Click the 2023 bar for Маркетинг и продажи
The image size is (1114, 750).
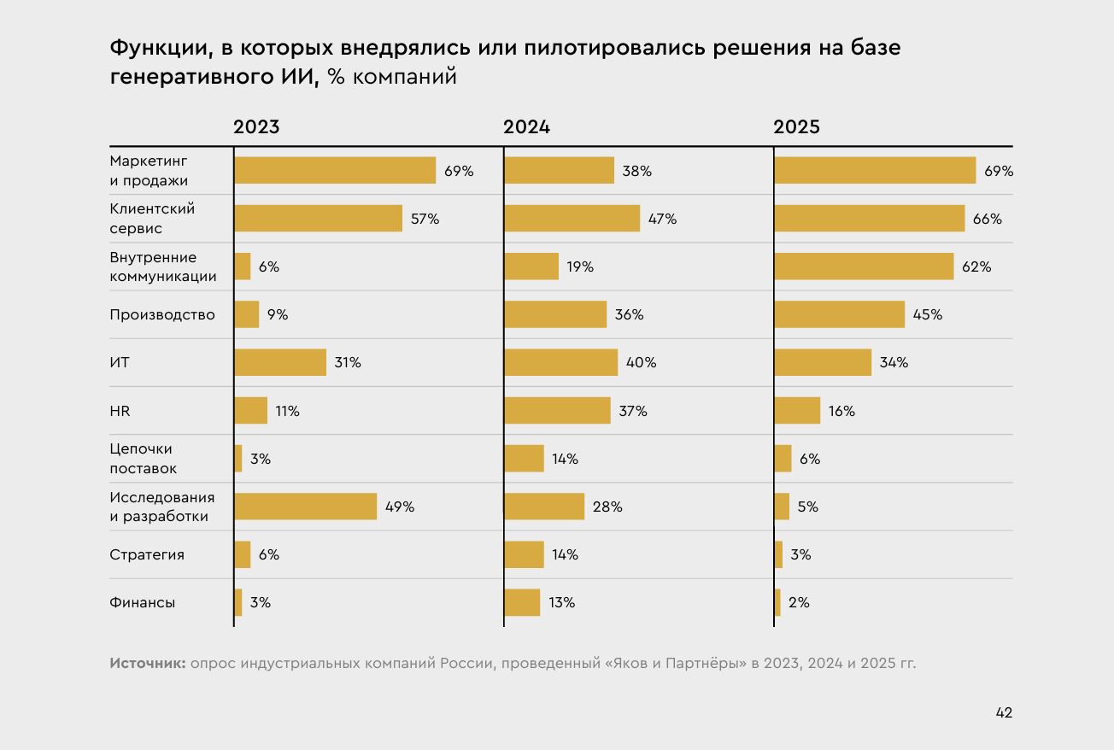tap(335, 171)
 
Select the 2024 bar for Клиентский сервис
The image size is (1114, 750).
tap(572, 219)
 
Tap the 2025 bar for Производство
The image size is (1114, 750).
tap(839, 314)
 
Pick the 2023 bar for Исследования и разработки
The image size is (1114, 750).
tap(305, 507)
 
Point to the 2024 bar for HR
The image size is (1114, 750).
tap(557, 411)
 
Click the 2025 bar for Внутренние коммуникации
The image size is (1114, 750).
tap(864, 267)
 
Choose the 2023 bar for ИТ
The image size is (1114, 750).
tap(280, 362)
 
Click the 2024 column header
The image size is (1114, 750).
tap(526, 127)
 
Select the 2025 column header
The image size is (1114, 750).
tap(796, 127)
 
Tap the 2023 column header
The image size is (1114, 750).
tap(256, 127)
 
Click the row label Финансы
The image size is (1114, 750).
tap(142, 602)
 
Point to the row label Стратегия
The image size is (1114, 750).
tap(147, 554)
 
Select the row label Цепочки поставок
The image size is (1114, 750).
tap(143, 459)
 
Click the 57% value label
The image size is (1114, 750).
tap(425, 219)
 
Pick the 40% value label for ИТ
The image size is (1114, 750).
tap(641, 362)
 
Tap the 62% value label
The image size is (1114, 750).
tap(976, 267)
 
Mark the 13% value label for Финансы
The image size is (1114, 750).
tap(561, 602)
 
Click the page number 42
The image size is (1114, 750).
tap(1004, 712)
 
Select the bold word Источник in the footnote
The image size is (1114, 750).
tap(147, 663)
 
